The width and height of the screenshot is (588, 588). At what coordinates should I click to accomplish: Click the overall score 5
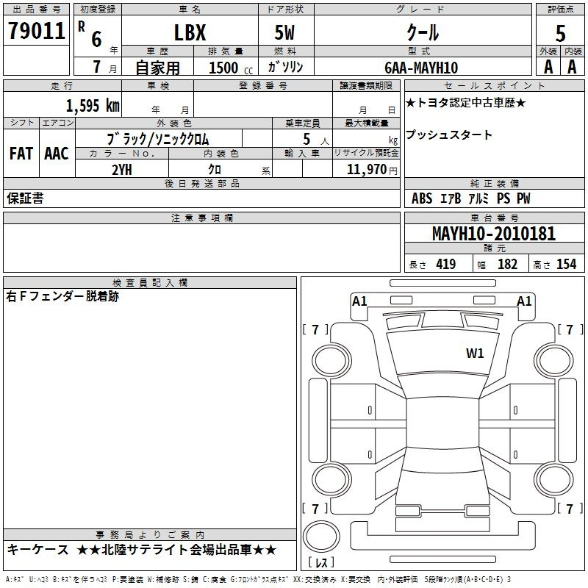[x=560, y=34]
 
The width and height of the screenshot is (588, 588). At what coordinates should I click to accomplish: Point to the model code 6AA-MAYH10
[x=421, y=68]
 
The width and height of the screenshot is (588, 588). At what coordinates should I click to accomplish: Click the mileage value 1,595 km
[x=92, y=105]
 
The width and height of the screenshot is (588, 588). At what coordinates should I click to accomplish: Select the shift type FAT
[x=21, y=154]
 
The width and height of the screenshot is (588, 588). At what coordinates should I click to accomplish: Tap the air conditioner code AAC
[x=56, y=154]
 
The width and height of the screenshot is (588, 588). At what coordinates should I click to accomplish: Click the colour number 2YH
[x=121, y=169]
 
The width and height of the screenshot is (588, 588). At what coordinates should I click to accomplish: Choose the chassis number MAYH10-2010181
[x=494, y=234]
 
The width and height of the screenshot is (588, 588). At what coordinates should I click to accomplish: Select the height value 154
[x=566, y=265]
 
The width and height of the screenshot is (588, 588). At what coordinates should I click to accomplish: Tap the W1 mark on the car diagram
[x=475, y=354]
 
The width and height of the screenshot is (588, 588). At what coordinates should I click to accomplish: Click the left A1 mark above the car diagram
[x=359, y=301]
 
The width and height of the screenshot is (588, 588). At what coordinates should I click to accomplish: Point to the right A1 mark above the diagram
[x=524, y=301]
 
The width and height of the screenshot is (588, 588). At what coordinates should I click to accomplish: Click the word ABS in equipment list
[x=422, y=198]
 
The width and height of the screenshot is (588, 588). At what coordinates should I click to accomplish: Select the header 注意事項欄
[x=201, y=218]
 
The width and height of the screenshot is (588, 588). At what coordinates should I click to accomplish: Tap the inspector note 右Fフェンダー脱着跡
[x=62, y=297]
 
